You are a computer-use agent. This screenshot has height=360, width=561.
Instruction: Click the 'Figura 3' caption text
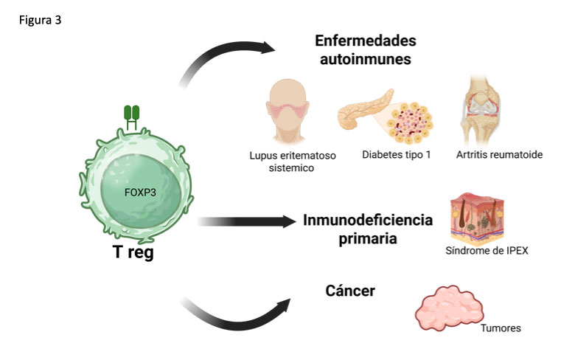click(41, 21)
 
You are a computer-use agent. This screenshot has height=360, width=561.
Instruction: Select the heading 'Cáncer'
click(350, 291)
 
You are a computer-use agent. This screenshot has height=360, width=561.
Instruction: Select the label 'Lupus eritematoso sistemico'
click(281, 162)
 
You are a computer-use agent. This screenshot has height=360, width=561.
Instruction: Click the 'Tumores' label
click(501, 328)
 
